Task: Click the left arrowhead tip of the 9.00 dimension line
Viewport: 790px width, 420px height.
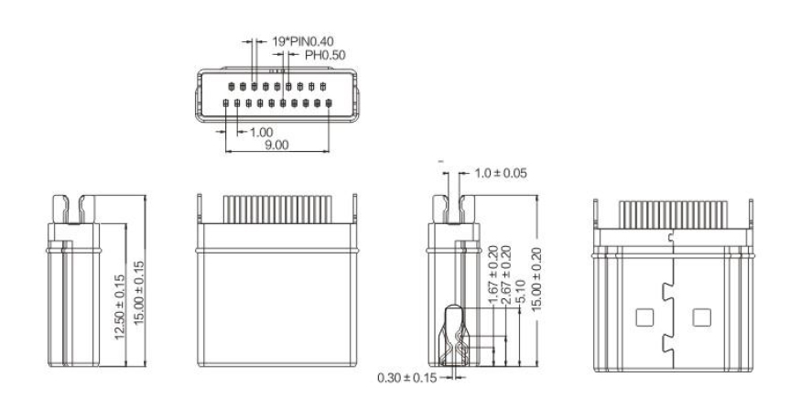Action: pyautogui.click(x=225, y=151)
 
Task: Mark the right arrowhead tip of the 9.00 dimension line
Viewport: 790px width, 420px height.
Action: pyautogui.click(x=330, y=151)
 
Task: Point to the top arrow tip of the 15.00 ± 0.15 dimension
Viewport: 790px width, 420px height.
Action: pyautogui.click(x=146, y=196)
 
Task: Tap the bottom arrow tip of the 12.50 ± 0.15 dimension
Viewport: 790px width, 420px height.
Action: pyautogui.click(x=125, y=366)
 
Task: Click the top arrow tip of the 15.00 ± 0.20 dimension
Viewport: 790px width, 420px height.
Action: pyautogui.click(x=537, y=196)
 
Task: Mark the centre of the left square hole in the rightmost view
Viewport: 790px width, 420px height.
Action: pyautogui.click(x=644, y=318)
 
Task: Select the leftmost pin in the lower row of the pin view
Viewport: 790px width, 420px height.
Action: pyautogui.click(x=226, y=103)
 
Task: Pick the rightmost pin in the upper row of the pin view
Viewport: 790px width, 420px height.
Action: pyautogui.click(x=323, y=87)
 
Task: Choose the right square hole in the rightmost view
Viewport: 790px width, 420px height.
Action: pyautogui.click(x=701, y=318)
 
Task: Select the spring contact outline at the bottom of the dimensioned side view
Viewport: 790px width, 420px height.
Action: pyautogui.click(x=454, y=336)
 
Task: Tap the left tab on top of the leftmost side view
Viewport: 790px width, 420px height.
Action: pyautogui.click(x=60, y=209)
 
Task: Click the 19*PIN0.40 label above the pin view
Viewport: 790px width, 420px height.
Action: pyautogui.click(x=303, y=41)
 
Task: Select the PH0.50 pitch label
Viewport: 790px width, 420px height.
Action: pyautogui.click(x=325, y=55)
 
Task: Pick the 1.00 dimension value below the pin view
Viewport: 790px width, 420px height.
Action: pyautogui.click(x=262, y=133)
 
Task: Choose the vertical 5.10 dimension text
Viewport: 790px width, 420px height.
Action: pyautogui.click(x=522, y=292)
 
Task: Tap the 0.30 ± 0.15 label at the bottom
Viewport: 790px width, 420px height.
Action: pyautogui.click(x=407, y=377)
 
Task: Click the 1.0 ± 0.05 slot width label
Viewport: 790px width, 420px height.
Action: pyautogui.click(x=501, y=173)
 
